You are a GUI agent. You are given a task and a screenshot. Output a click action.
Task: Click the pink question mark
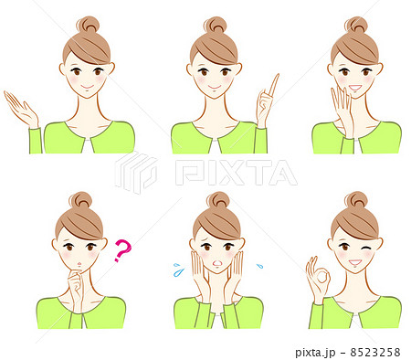pos(122,250)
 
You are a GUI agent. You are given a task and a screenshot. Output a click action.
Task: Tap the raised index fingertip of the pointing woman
pos(277,75)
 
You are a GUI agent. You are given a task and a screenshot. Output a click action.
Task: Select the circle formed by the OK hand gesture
pos(321,277)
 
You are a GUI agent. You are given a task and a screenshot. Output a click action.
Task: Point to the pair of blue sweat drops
pos(179,270)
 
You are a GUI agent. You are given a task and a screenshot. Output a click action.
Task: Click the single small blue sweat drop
pos(259,266)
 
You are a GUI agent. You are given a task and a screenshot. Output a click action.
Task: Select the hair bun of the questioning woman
pos(80,200)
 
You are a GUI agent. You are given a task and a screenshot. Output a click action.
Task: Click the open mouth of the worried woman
pos(216,263)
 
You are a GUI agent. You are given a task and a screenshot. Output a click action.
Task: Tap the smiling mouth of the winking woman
pos(355,262)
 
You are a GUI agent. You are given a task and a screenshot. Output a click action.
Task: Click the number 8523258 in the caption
pos(375,353)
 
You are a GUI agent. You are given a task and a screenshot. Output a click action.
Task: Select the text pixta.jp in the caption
pos(315,353)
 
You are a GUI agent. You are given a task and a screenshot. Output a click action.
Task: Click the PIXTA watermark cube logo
pos(136,172)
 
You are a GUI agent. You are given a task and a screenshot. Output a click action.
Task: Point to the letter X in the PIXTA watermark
pos(232,173)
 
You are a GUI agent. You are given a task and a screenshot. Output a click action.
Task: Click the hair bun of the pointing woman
pos(216,25)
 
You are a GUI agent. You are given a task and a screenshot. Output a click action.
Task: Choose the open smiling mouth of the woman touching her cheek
pos(355,88)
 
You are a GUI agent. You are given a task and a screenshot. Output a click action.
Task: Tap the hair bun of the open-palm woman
pos(88,25)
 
